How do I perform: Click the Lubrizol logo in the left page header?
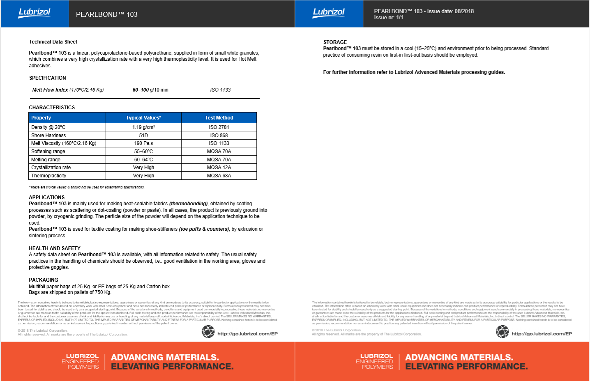[x=35, y=13]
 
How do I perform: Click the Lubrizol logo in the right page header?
[x=329, y=13]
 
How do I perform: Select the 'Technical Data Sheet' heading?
[x=53, y=42]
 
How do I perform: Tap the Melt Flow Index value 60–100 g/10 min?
[x=150, y=90]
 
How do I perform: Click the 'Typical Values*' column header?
[x=143, y=118]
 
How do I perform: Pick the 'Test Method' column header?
[x=219, y=118]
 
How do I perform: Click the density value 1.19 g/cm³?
[x=143, y=127]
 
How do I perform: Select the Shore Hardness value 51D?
[x=143, y=135]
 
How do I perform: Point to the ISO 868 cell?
[x=219, y=135]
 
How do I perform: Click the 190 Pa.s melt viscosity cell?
[x=143, y=143]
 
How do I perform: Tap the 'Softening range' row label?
[x=48, y=151]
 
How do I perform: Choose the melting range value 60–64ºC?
[x=143, y=160]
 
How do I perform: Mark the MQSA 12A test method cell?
[x=219, y=168]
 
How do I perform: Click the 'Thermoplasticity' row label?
[x=48, y=176]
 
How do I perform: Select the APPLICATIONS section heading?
[x=47, y=197]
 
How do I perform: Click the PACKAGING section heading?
[x=44, y=280]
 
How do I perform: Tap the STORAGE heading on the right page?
[x=335, y=42]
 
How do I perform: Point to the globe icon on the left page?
[x=208, y=331]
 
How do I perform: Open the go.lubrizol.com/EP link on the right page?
[x=542, y=334]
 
